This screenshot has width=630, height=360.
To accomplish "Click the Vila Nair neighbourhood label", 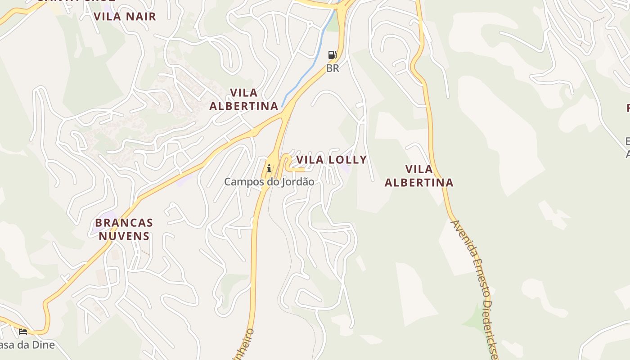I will [x=125, y=17].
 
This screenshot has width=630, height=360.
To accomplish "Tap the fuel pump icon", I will [x=332, y=55].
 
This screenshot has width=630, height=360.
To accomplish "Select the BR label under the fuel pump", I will [x=333, y=68].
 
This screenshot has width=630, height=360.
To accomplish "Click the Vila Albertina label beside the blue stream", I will [x=244, y=99].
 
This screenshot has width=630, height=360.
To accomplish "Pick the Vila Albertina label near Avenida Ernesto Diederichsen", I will [x=419, y=176].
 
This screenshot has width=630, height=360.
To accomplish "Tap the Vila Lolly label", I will [x=331, y=160].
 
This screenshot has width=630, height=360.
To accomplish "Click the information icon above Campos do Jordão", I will [x=269, y=169].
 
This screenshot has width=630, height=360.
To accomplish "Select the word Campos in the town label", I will [x=241, y=182].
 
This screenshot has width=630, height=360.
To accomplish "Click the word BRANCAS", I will [x=124, y=223].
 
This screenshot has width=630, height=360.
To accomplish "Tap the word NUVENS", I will [x=124, y=236].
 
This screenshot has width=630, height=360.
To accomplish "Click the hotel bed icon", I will [x=23, y=332].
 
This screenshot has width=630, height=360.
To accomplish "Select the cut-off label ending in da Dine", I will [x=27, y=345].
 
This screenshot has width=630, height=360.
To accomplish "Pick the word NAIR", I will [x=141, y=17].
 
